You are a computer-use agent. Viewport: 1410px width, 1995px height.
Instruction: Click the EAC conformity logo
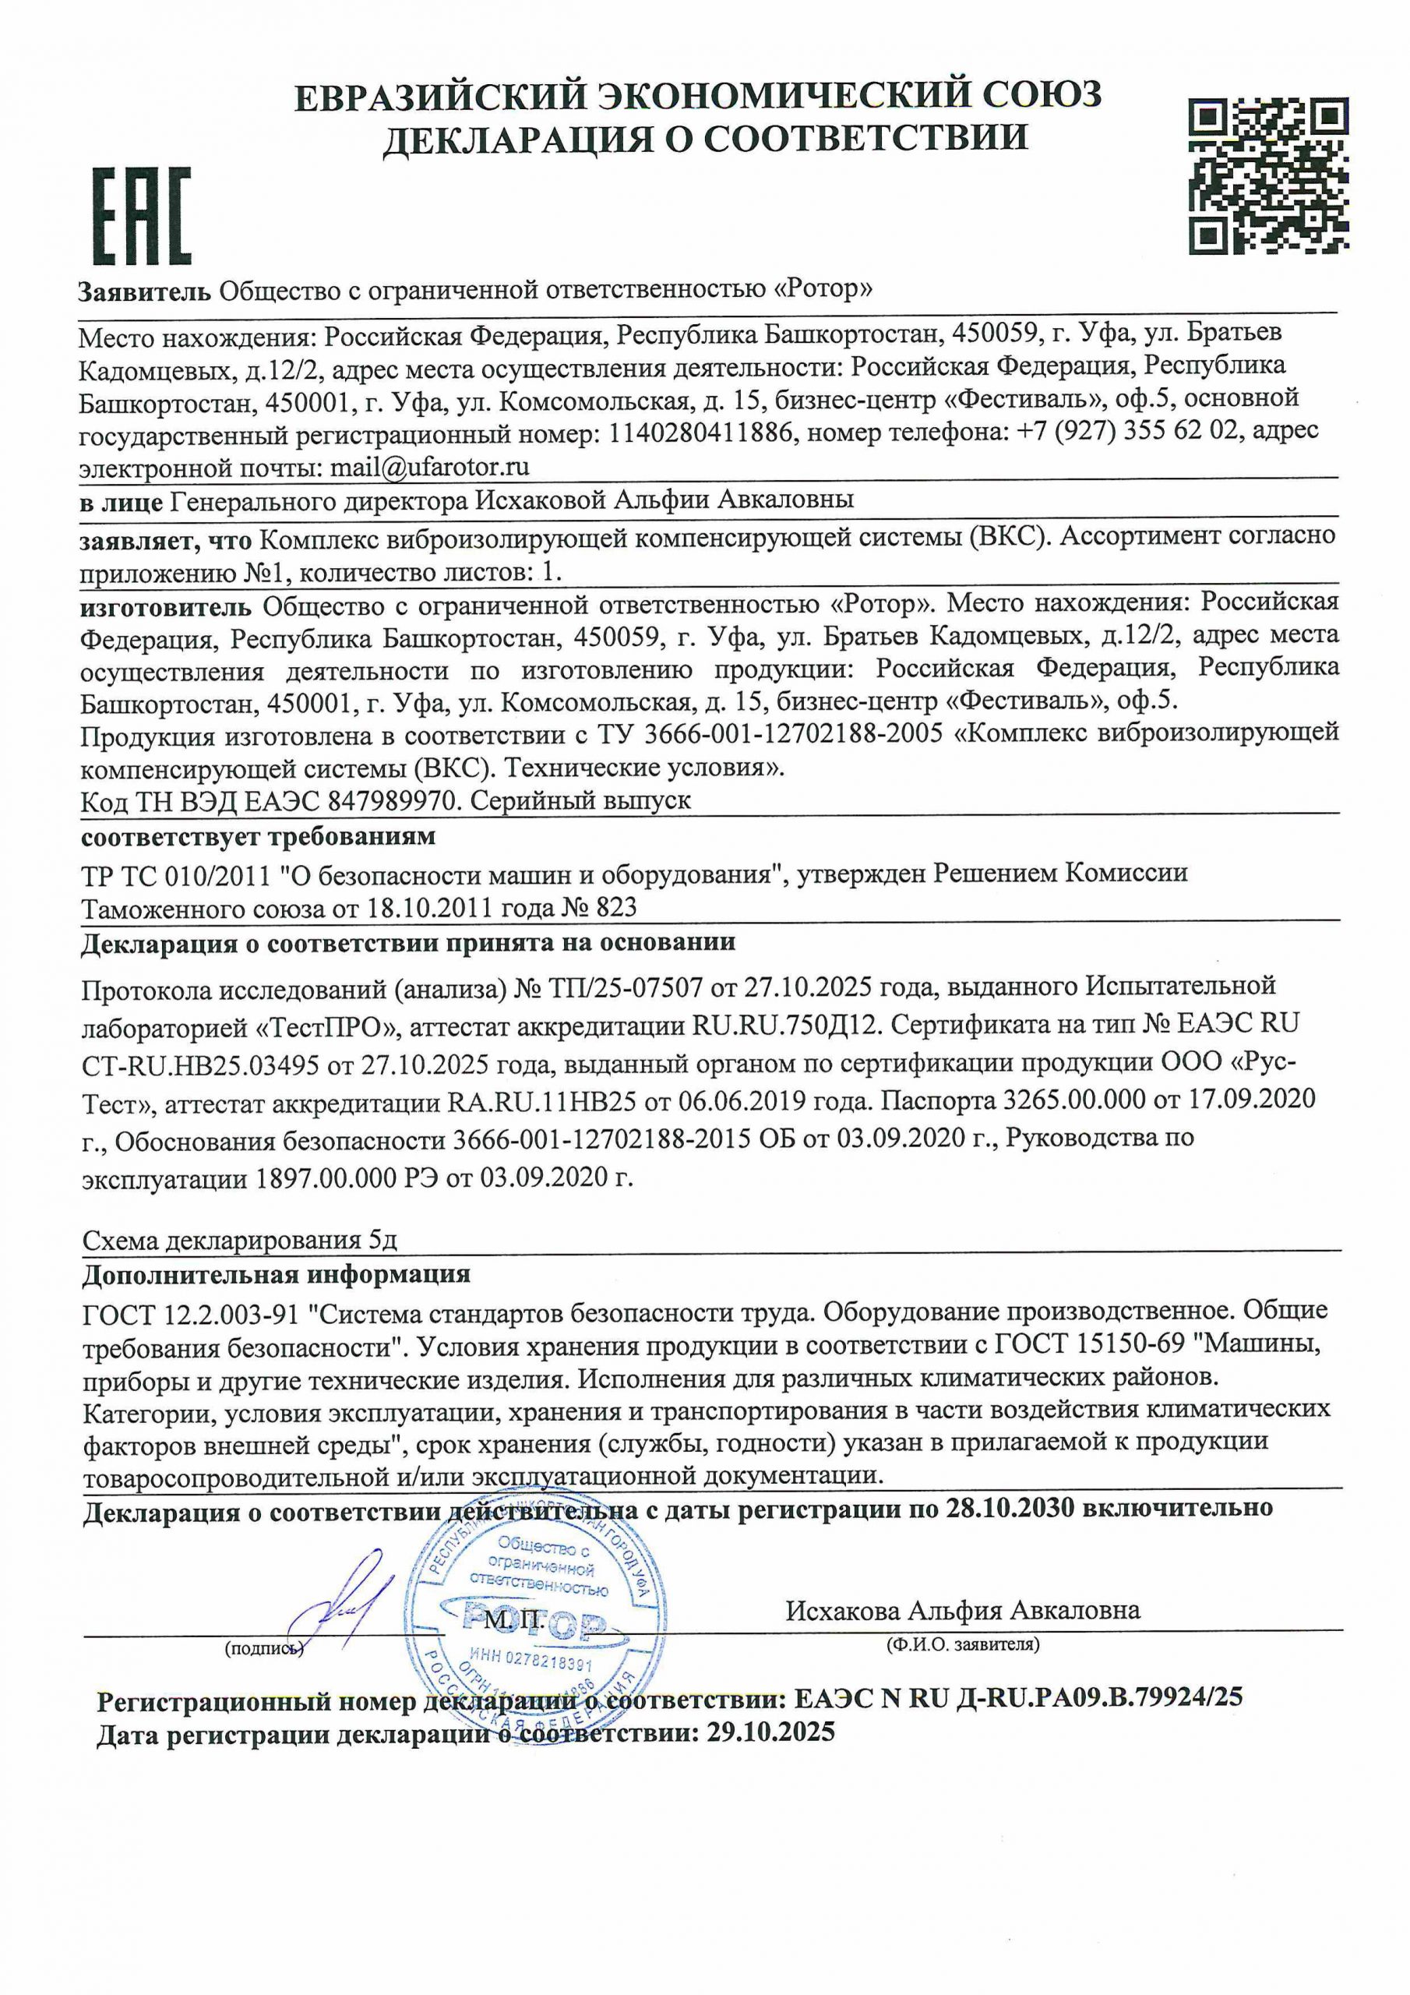[142, 217]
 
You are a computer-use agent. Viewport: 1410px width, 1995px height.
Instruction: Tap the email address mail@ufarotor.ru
[430, 468]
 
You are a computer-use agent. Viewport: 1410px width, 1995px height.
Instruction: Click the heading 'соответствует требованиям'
[258, 838]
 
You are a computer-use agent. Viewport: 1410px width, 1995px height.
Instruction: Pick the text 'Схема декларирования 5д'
[240, 1241]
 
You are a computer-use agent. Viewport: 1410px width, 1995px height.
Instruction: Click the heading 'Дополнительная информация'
[277, 1275]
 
